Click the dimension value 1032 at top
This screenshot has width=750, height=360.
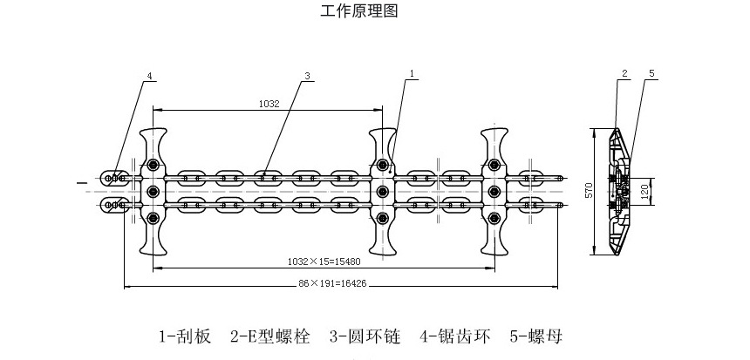tap(269, 104)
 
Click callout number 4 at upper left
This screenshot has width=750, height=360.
tap(149, 77)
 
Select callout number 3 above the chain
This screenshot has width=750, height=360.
tap(308, 77)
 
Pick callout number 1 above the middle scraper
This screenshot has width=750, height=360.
tap(411, 77)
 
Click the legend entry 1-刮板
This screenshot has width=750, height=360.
tap(184, 336)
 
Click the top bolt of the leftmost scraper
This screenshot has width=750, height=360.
tap(153, 166)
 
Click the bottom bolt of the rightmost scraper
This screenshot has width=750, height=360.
tap(494, 218)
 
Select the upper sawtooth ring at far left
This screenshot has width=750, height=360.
tap(113, 179)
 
